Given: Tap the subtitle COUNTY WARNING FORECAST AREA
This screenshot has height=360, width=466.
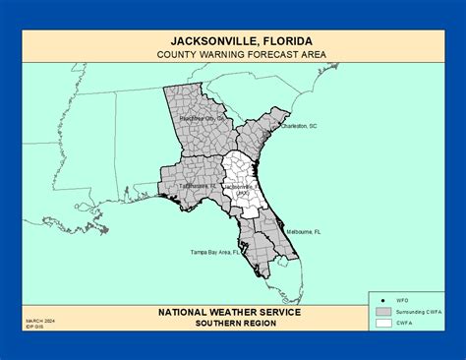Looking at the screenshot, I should pyautogui.click(x=232, y=54).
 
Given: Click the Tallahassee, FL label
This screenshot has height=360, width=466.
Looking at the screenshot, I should pyautogui.click(x=198, y=184).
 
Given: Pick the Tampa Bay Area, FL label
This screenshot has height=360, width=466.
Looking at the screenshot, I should pyautogui.click(x=216, y=253).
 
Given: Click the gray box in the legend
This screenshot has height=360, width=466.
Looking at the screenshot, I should pyautogui.click(x=382, y=310).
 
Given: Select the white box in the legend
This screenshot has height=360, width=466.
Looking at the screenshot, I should pyautogui.click(x=382, y=322).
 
